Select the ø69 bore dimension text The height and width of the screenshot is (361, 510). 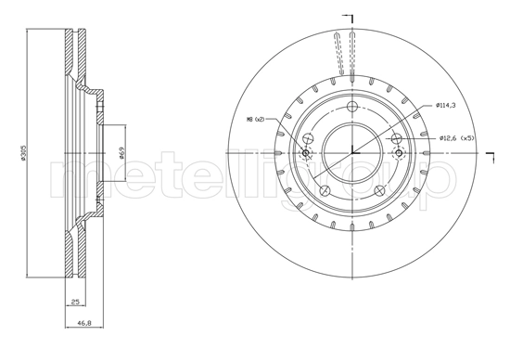point(123,153)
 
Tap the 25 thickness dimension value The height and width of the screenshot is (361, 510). point(73,302)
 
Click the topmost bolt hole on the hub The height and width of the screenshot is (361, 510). point(353,107)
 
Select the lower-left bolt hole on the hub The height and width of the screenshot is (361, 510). point(324,190)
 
